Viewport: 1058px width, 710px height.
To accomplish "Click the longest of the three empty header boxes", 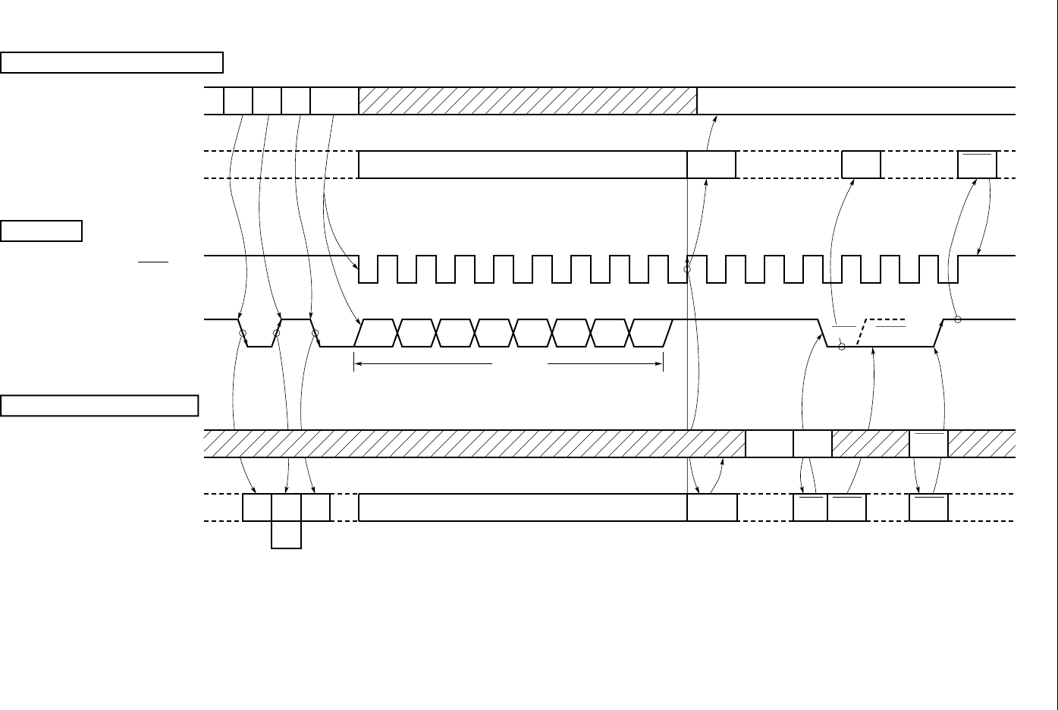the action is point(111,62).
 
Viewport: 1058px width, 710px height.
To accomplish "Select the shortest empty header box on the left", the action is point(42,231).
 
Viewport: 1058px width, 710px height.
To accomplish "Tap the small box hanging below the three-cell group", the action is point(287,535).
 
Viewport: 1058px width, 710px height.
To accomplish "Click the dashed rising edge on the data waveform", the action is point(863,332).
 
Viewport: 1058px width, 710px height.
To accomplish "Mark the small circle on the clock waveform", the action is point(687,269).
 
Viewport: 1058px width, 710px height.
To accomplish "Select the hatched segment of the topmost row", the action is point(527,101).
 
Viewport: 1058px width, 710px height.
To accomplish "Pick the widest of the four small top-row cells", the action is point(334,101).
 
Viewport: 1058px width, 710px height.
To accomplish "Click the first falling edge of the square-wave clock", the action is point(359,269).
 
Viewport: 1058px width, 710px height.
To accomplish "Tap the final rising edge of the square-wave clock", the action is point(959,269).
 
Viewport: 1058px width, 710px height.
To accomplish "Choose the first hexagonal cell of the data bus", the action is point(376,333).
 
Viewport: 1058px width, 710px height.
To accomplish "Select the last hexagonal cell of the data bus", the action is point(651,333).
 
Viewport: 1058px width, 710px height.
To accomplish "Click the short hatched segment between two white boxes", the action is point(870,444).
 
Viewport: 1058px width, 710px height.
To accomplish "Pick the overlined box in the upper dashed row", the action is point(977,165).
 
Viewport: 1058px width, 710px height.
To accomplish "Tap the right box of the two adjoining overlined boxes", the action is point(846,507).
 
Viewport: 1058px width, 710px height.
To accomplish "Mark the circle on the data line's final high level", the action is point(958,319).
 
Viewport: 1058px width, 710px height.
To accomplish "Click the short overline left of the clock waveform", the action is point(152,262).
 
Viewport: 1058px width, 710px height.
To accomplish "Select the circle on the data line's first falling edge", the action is point(243,333).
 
